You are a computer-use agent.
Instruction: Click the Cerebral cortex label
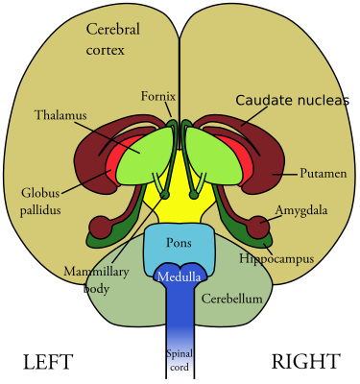tap(113, 39)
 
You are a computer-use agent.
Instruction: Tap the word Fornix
tap(158, 96)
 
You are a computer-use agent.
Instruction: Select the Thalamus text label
tap(60, 115)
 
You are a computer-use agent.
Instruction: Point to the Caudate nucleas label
tap(292, 100)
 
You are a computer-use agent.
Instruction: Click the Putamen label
tap(324, 174)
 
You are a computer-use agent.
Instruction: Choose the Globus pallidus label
tap(40, 202)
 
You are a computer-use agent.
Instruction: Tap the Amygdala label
tap(301, 210)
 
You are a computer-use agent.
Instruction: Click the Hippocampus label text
tap(276, 258)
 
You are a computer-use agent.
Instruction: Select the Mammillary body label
tap(96, 279)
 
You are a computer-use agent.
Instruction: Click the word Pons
tap(179, 243)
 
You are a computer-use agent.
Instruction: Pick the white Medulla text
tap(180, 276)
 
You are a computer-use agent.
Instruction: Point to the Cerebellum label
tap(231, 299)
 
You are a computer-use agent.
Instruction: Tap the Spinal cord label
tap(180, 360)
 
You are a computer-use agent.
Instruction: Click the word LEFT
tap(48, 362)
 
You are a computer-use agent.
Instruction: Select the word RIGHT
tap(305, 362)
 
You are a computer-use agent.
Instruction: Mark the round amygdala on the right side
tap(259, 227)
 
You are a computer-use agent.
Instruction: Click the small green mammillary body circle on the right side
tap(194, 195)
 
